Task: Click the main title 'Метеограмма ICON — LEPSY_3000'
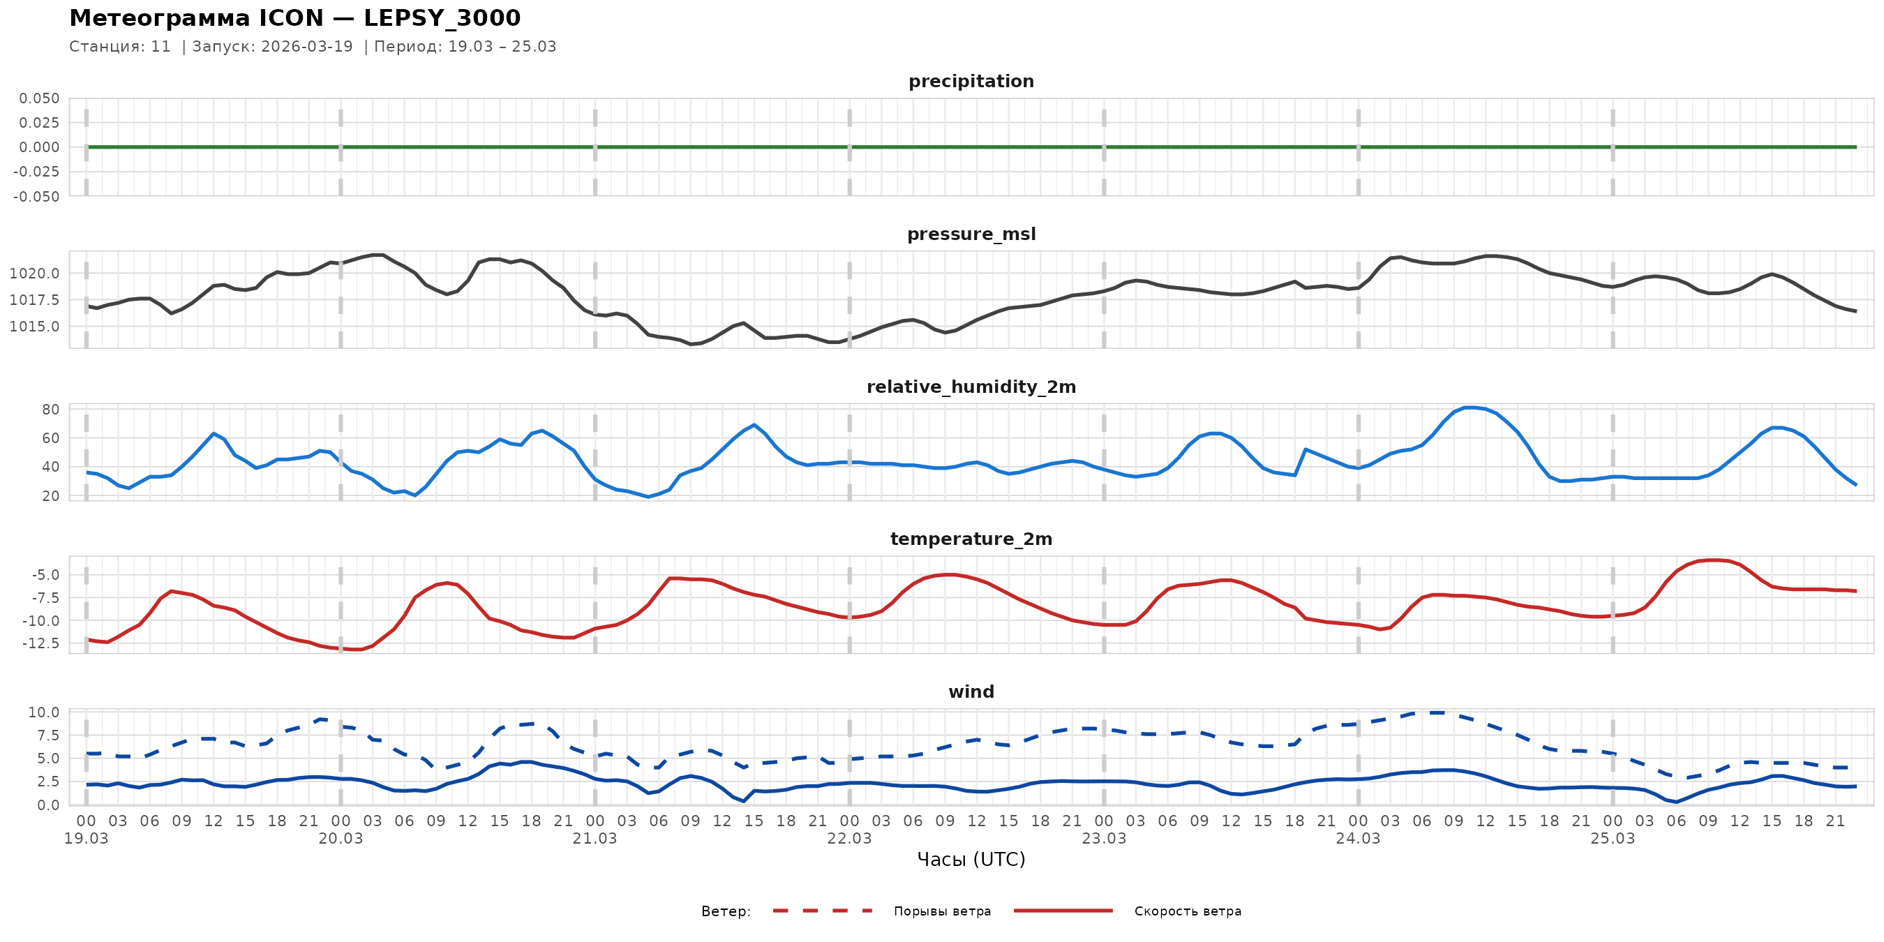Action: (294, 17)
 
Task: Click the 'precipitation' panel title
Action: (971, 81)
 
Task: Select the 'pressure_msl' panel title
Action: (971, 234)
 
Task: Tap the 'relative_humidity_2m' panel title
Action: (971, 387)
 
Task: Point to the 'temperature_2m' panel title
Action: (971, 539)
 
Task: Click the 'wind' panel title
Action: (971, 692)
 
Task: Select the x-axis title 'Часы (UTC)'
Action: (971, 860)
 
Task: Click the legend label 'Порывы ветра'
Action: (942, 911)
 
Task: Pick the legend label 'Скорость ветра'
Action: (1187, 911)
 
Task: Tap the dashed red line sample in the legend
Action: (823, 911)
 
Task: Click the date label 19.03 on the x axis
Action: (87, 839)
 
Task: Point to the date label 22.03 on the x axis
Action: (849, 839)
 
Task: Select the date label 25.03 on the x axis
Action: (1612, 839)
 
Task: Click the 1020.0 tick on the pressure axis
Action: (34, 274)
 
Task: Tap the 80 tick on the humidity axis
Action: (50, 410)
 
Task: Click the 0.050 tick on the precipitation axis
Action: (40, 98)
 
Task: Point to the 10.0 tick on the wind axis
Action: (44, 712)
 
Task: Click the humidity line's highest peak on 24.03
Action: (1470, 408)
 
